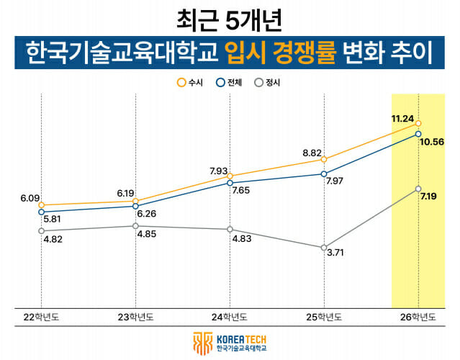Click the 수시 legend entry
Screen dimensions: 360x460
[x=189, y=82]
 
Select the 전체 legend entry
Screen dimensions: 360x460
[x=229, y=82]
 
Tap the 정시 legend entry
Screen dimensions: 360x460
[x=269, y=82]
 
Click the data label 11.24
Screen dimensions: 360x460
[x=402, y=118]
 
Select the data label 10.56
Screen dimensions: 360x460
[x=431, y=142]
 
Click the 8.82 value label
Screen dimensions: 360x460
[x=312, y=153]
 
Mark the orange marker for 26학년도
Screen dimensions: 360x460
[x=418, y=124]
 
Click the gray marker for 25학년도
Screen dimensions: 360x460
[x=324, y=247]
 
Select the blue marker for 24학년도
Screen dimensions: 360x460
[x=230, y=183]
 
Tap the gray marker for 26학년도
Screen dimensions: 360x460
[x=418, y=189]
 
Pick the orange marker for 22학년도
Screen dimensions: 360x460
[x=41, y=205]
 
